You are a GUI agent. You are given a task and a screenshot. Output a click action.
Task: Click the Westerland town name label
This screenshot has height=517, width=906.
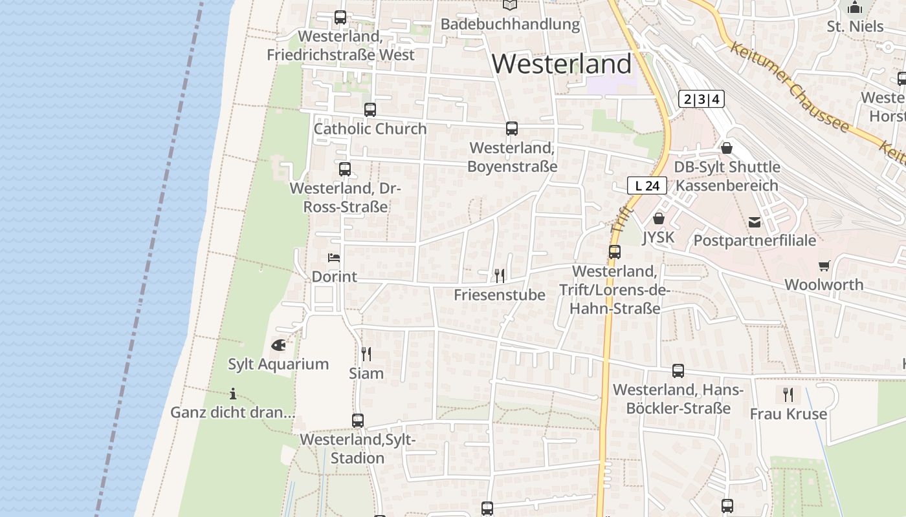click(x=562, y=64)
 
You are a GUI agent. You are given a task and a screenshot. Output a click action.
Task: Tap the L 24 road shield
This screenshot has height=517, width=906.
click(x=647, y=186)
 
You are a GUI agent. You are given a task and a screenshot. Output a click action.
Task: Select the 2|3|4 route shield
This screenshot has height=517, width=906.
click(x=701, y=100)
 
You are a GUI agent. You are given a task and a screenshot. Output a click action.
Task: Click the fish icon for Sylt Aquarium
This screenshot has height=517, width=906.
click(x=278, y=345)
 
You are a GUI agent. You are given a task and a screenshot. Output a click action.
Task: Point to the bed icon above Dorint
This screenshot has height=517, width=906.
click(x=334, y=258)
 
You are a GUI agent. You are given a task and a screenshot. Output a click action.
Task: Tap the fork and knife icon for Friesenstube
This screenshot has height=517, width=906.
click(x=499, y=276)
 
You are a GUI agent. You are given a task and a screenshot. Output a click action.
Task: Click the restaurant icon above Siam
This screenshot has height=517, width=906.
click(x=366, y=354)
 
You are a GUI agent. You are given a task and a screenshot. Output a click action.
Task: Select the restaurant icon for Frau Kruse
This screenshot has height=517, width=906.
click(x=788, y=394)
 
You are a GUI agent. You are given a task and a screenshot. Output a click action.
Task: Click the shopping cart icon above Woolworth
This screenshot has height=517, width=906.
click(x=824, y=266)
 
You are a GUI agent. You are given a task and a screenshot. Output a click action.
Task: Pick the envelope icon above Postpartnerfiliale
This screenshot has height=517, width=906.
click(x=755, y=222)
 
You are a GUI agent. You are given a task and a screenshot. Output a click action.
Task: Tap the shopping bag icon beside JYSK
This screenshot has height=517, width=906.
click(x=659, y=218)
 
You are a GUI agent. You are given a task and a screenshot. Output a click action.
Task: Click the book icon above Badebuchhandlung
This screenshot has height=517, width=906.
click(x=510, y=5)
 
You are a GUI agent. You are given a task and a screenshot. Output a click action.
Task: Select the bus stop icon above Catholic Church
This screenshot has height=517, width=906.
click(x=370, y=110)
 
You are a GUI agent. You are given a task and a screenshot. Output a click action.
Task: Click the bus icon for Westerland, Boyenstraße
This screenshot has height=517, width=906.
click(x=512, y=129)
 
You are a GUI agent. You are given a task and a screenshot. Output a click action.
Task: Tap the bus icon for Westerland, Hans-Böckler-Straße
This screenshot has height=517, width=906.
click(x=678, y=371)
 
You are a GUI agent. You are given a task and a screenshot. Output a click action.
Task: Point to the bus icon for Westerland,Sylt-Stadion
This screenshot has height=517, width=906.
click(x=358, y=421)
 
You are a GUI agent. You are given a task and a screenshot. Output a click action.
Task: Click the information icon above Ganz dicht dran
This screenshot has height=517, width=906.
click(x=233, y=394)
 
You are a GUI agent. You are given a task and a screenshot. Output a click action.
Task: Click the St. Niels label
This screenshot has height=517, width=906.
click(x=855, y=26)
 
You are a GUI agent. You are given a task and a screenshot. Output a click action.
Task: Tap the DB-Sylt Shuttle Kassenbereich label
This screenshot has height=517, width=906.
click(x=727, y=176)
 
